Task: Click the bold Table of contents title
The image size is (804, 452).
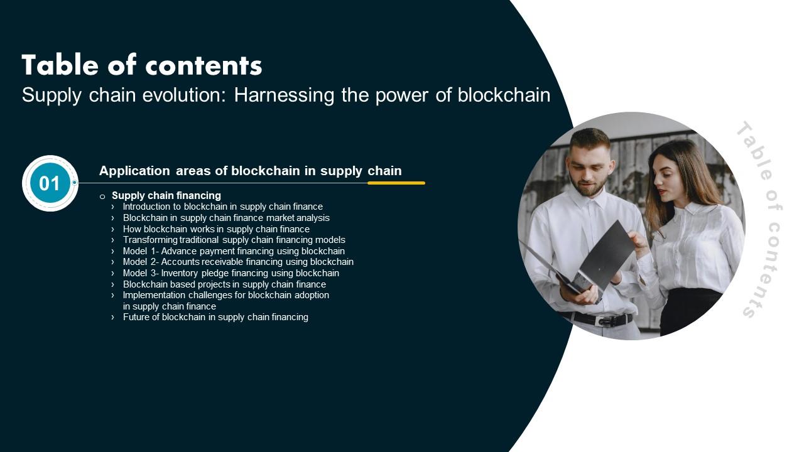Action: pos(142,65)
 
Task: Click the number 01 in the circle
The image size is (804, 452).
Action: pos(50,183)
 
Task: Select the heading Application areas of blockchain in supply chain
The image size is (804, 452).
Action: pos(250,171)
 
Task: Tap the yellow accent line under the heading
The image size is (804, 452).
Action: pos(396,183)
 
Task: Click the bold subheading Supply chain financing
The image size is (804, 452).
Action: pos(166,195)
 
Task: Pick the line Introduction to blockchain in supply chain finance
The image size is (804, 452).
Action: pos(222,207)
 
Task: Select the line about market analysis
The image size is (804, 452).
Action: pos(226,218)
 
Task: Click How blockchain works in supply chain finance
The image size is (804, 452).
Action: pos(216,229)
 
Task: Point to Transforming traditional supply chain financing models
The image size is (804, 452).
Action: pos(234,240)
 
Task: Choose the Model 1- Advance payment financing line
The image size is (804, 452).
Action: pos(234,251)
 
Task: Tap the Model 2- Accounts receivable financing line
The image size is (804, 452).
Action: pos(238,262)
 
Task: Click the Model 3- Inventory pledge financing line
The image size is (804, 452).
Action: pos(231,273)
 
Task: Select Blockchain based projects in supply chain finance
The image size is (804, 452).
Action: pos(224,284)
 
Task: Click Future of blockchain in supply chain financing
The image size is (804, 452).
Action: pos(215,317)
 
